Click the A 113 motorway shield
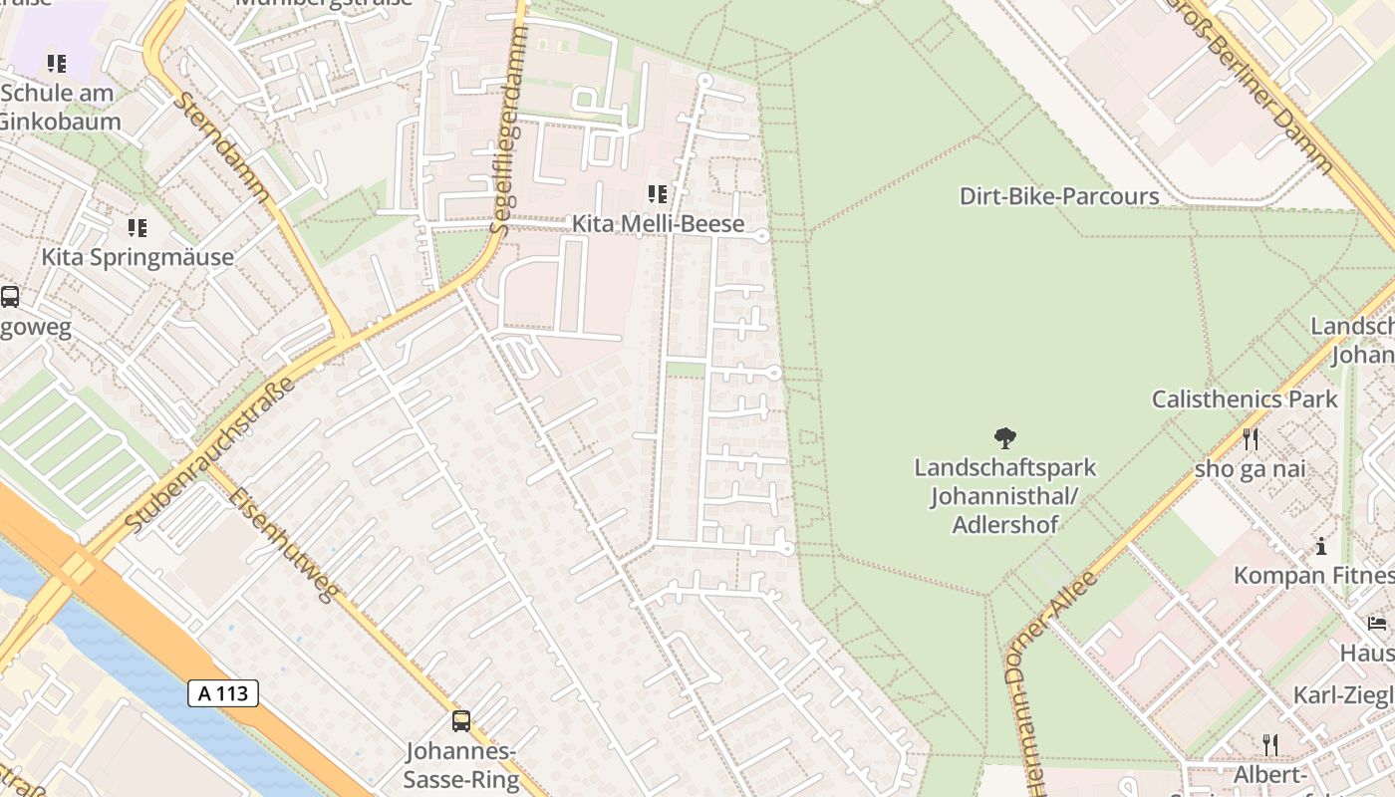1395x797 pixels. click(223, 693)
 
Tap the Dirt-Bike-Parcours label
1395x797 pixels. click(1059, 196)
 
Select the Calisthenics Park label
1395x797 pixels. click(1245, 399)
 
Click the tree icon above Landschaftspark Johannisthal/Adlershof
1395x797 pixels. click(1004, 437)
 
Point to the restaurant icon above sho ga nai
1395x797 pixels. click(1251, 438)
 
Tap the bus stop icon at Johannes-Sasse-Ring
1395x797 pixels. click(461, 720)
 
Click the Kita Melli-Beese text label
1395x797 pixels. click(658, 224)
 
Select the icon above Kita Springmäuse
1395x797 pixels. click(138, 228)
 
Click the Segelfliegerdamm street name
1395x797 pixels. click(509, 130)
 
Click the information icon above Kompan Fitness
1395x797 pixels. click(1321, 546)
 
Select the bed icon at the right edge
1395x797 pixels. click(1377, 624)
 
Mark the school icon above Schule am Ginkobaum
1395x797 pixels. click(57, 64)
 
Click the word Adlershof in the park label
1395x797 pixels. click(1004, 524)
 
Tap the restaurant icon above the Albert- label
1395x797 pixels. click(1270, 744)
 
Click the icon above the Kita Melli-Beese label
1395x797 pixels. click(658, 193)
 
